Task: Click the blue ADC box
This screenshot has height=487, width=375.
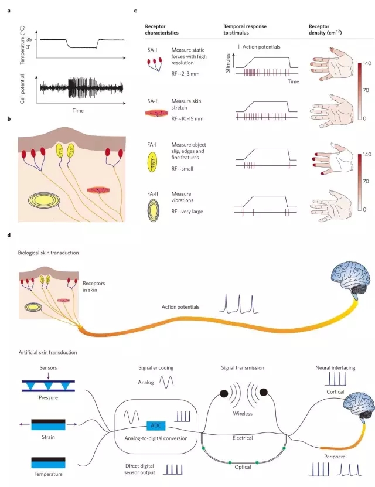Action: click(x=156, y=425)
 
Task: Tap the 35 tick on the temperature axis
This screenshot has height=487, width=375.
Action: click(x=29, y=39)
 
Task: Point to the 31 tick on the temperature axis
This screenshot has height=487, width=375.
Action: click(x=29, y=47)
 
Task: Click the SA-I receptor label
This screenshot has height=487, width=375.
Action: click(x=152, y=50)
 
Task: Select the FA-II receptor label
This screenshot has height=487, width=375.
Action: click(x=152, y=194)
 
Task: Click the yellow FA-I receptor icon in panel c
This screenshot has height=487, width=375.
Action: click(x=152, y=162)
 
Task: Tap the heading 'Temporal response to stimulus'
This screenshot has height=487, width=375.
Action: click(x=245, y=29)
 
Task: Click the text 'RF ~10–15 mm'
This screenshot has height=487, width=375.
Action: click(x=187, y=118)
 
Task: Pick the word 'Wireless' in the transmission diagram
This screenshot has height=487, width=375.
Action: click(x=243, y=413)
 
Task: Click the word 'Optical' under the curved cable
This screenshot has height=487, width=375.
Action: click(x=243, y=467)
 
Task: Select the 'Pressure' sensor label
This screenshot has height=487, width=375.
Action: click(x=48, y=397)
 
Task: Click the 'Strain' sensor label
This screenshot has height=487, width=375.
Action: click(x=48, y=437)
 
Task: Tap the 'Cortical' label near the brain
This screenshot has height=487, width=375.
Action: click(x=335, y=391)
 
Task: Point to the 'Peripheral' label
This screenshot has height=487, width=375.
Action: click(x=335, y=457)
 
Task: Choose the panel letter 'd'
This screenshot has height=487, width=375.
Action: click(x=9, y=235)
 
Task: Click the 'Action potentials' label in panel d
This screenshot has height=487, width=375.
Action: click(x=180, y=307)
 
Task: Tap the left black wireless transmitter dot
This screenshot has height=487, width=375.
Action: click(x=224, y=393)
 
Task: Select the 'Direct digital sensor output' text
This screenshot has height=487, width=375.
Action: click(x=139, y=469)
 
